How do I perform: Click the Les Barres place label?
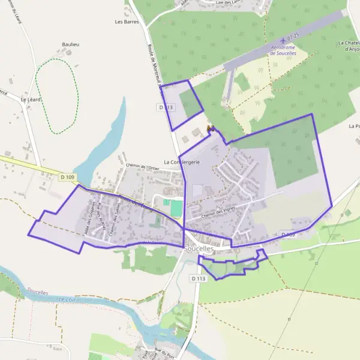127,22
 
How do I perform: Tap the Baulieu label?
71,44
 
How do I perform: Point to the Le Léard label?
30,100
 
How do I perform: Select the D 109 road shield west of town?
68,177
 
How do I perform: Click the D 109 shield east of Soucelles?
288,235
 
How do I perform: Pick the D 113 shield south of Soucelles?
199,278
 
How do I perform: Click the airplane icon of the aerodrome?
283,41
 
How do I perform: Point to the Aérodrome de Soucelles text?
289,50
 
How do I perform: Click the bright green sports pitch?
176,208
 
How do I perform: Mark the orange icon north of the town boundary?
210,128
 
